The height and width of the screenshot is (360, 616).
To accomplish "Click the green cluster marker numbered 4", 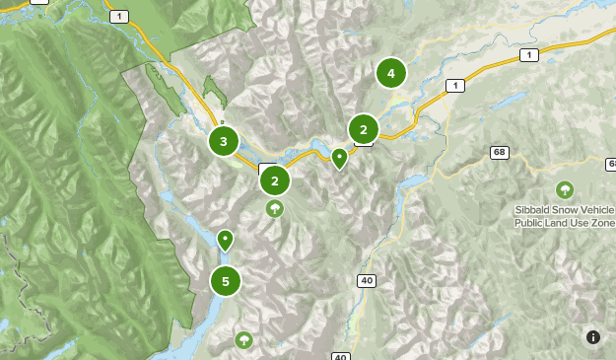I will (391, 73).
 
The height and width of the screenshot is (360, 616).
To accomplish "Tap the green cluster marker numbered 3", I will (224, 141).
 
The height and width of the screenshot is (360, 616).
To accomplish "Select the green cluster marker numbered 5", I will (226, 281).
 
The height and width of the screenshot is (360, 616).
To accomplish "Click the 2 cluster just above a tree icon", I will (275, 180).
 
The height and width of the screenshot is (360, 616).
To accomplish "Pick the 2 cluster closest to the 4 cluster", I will (364, 129).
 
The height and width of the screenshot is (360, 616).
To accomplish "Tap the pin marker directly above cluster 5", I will (225, 240).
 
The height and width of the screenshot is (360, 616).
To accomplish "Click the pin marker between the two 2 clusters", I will (340, 157).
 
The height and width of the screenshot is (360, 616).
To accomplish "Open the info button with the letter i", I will (593, 337).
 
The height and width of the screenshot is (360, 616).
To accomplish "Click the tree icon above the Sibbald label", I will (565, 189).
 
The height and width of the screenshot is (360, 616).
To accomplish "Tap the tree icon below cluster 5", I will (243, 340).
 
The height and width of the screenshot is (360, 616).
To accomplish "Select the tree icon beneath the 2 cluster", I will (275, 208).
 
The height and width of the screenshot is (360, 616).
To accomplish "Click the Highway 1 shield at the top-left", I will (119, 17).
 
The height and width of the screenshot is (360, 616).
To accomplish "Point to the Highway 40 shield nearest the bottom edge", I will (340, 356).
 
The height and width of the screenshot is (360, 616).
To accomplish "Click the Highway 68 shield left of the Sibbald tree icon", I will (501, 152).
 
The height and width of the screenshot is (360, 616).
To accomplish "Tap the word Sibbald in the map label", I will (532, 210).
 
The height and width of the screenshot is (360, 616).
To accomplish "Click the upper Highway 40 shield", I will (367, 281).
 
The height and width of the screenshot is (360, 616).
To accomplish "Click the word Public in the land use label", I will (529, 223).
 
